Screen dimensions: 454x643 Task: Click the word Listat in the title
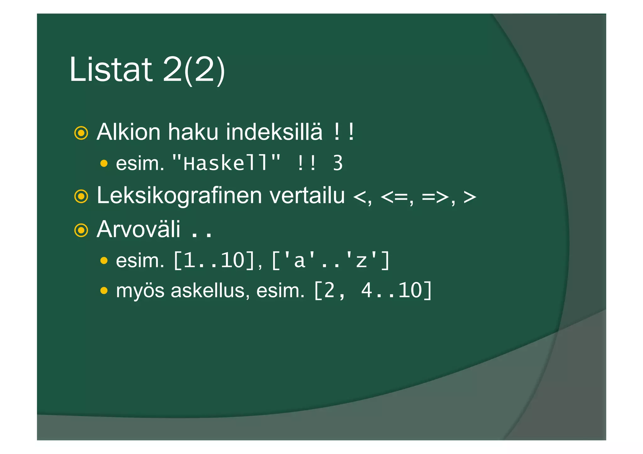point(111,69)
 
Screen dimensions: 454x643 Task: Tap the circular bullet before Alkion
point(81,133)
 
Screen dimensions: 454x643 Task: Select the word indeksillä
point(274,132)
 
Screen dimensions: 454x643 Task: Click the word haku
point(193,132)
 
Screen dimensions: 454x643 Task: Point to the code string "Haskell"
point(226,163)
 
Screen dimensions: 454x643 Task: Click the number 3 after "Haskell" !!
point(338,163)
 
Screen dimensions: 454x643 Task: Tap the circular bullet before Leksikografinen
point(81,196)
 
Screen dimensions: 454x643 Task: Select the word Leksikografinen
point(179,196)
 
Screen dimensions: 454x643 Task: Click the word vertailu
point(307,195)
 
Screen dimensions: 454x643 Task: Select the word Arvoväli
point(138,229)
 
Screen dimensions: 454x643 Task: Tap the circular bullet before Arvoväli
point(81,230)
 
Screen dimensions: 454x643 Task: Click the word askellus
point(210,291)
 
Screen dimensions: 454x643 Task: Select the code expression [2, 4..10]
point(373,291)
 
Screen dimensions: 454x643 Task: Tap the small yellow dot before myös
point(104,291)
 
